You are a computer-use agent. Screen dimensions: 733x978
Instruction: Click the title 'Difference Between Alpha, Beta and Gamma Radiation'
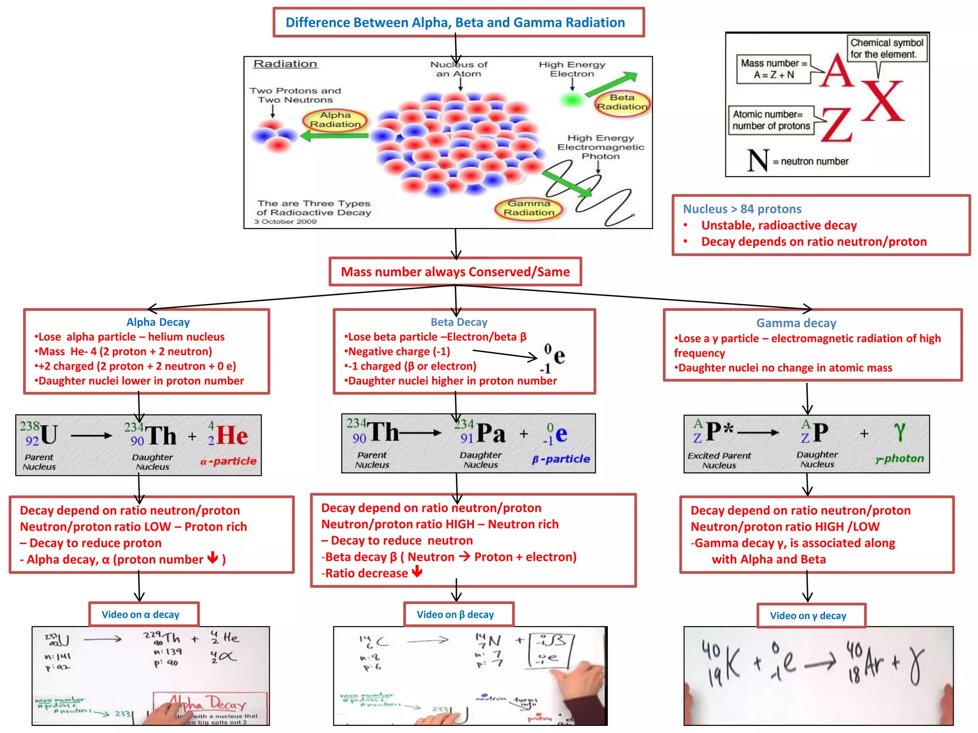[x=455, y=22]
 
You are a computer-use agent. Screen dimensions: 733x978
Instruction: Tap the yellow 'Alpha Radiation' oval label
[x=335, y=120]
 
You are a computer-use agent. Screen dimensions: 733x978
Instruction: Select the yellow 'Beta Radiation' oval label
[x=622, y=102]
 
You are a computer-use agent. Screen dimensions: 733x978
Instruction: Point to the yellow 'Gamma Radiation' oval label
[x=529, y=208]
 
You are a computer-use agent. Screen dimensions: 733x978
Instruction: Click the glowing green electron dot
[x=571, y=100]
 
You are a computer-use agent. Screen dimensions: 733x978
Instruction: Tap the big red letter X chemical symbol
[x=883, y=102]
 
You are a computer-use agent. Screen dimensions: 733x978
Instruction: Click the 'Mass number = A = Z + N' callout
[x=774, y=69]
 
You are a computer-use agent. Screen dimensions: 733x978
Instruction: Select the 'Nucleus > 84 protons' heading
[x=742, y=209]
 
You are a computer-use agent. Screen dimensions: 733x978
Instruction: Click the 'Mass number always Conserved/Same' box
[x=455, y=272]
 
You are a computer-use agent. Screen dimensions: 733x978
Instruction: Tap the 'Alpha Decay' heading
[x=158, y=322]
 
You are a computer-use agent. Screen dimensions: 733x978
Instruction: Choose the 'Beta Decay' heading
[x=459, y=322]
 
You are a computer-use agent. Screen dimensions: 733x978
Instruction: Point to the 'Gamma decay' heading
[x=796, y=323]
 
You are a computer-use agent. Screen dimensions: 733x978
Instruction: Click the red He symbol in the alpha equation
[x=232, y=435]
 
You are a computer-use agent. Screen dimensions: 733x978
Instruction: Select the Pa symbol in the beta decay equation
[x=491, y=433]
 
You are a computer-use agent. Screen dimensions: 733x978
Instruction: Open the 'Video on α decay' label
[x=141, y=615]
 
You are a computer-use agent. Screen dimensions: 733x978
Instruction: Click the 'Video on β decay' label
[x=455, y=615]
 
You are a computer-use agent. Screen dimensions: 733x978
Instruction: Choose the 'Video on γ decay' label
[x=808, y=616]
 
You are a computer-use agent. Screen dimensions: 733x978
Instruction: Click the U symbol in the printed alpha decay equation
[x=49, y=435]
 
